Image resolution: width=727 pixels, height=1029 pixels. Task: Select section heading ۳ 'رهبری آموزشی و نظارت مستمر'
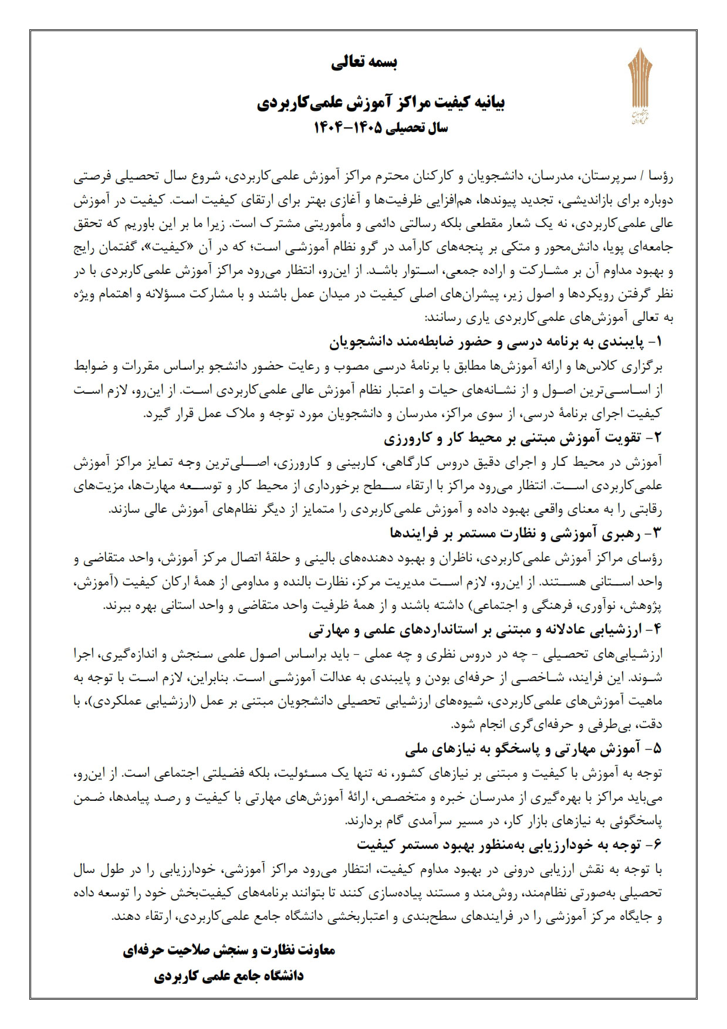pos(525,533)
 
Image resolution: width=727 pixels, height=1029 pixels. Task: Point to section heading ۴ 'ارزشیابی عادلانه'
pos(485,629)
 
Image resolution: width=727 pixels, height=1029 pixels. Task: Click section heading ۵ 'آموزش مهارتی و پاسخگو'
pos(533,749)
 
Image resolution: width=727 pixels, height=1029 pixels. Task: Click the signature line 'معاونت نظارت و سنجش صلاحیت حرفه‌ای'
pos(229,950)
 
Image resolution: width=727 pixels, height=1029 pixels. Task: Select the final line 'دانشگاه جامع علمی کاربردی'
pos(229,976)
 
